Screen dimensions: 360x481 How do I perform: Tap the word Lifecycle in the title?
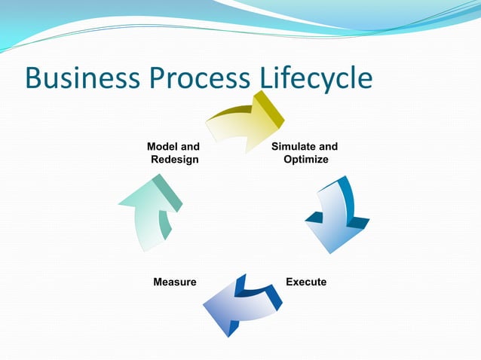[316, 79]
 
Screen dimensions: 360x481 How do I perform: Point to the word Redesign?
[175, 160]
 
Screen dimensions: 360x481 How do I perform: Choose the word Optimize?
[305, 160]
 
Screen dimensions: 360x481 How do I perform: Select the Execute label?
[306, 282]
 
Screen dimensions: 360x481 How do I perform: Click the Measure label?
[174, 282]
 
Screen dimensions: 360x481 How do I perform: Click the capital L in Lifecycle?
[267, 79]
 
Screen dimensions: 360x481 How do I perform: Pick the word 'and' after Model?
[190, 146]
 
